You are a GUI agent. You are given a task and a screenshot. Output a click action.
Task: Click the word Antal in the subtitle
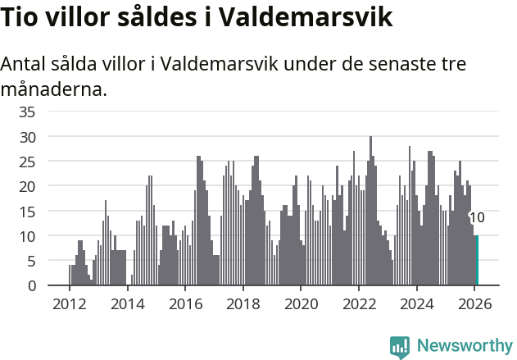point(25,65)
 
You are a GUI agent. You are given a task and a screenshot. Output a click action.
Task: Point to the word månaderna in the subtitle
point(54,89)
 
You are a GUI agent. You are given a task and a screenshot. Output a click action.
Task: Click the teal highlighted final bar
point(476,261)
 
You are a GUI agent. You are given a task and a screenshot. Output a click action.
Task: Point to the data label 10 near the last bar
point(477,218)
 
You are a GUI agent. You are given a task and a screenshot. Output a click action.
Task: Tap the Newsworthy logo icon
point(400,346)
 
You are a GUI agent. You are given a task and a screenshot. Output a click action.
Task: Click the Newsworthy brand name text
point(465,346)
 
